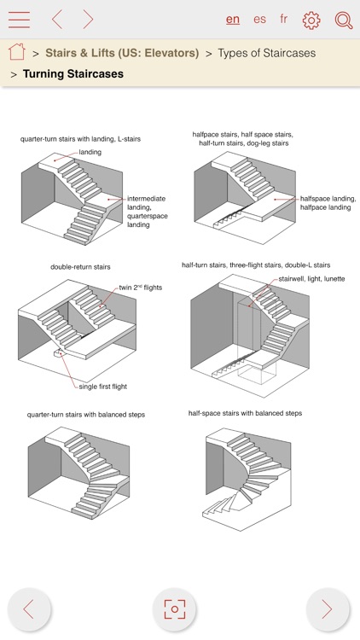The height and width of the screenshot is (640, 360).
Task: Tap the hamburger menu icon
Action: click(19, 20)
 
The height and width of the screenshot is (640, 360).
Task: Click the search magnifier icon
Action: click(343, 20)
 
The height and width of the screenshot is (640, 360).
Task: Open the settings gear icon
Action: click(311, 20)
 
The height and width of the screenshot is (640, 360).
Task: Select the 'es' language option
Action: click(259, 19)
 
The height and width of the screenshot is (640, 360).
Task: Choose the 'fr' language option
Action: click(284, 19)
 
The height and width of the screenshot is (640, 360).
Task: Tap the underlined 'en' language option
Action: click(233, 19)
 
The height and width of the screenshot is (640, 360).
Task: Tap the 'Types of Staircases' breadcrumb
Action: click(266, 53)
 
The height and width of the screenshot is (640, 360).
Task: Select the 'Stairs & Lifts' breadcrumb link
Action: click(122, 53)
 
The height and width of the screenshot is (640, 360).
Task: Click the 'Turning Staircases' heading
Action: click(73, 74)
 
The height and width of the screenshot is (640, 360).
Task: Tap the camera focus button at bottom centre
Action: click(174, 608)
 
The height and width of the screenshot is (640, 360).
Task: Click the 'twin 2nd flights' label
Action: click(140, 288)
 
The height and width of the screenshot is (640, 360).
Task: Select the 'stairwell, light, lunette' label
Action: click(311, 279)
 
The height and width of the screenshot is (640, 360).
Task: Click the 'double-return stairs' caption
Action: click(80, 267)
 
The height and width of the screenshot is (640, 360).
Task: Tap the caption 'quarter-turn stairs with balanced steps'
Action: click(85, 415)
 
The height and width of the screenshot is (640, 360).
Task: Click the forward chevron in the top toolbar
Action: click(88, 20)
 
